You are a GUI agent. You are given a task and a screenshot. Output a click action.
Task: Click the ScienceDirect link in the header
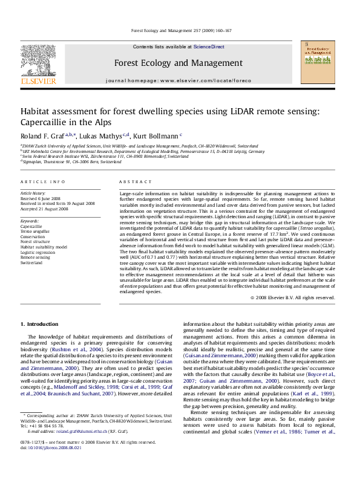[209, 47]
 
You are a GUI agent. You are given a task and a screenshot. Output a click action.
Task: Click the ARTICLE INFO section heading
[43, 181]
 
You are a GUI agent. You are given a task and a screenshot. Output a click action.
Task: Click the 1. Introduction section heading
[40, 325]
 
